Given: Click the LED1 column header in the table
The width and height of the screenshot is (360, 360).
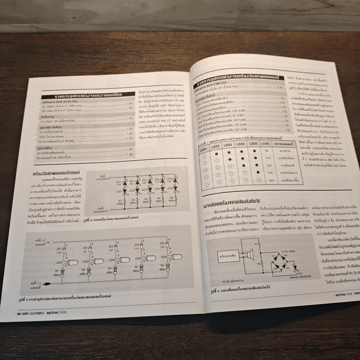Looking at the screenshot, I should tap(203, 148).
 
